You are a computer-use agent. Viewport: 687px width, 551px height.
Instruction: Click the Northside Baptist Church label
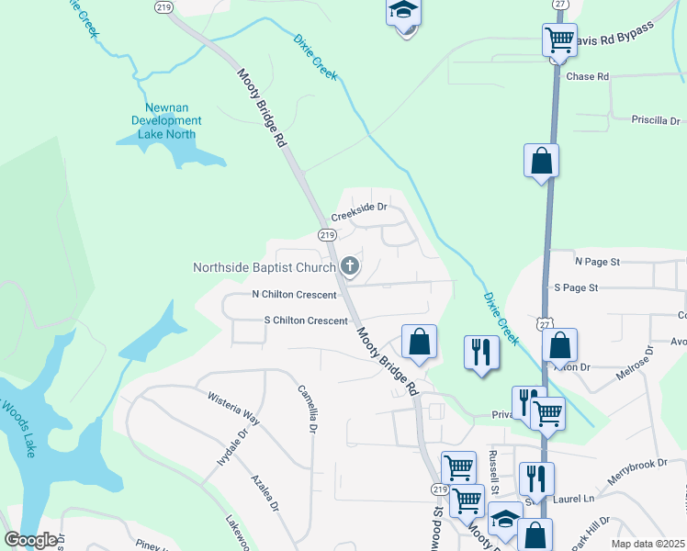pos(265,268)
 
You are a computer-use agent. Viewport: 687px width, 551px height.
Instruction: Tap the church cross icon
pos(350,266)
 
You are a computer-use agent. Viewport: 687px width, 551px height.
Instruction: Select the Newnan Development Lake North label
pos(166,120)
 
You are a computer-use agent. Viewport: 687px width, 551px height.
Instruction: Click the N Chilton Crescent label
pos(293,295)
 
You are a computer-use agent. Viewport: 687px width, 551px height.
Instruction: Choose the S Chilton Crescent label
pos(306,320)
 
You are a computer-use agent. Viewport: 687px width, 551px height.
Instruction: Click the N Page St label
pos(598,262)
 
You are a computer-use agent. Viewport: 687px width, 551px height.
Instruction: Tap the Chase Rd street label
pos(588,76)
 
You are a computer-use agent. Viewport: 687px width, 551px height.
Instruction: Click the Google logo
pos(30,540)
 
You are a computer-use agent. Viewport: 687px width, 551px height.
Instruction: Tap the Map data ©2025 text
pos(648,544)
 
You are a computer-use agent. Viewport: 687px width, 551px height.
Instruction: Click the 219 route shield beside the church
pos(327,236)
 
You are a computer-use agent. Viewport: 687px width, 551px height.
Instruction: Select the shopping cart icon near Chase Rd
pos(558,40)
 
